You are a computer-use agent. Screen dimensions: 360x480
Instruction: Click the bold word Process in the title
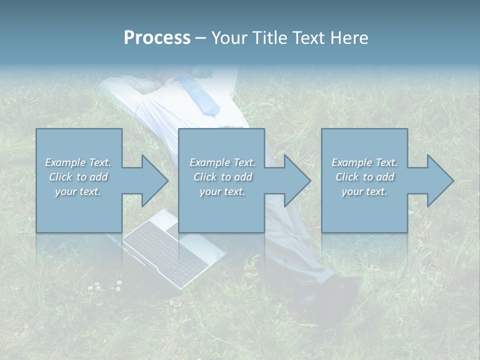pyautogui.click(x=157, y=38)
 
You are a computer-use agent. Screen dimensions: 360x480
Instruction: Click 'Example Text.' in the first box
pyautogui.click(x=78, y=162)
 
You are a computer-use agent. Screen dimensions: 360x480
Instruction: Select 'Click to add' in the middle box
pyautogui.click(x=222, y=177)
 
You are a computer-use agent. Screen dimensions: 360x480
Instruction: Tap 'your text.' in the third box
pyautogui.click(x=364, y=191)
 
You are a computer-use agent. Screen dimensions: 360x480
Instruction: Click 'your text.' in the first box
pyautogui.click(x=78, y=191)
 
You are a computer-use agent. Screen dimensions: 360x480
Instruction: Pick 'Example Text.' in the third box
pyautogui.click(x=364, y=162)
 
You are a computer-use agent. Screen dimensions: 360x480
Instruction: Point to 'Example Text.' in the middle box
pyautogui.click(x=222, y=162)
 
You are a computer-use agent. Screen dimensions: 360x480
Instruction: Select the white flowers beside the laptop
pyautogui.click(x=105, y=285)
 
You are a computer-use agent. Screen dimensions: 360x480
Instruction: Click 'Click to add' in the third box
pyautogui.click(x=364, y=177)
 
